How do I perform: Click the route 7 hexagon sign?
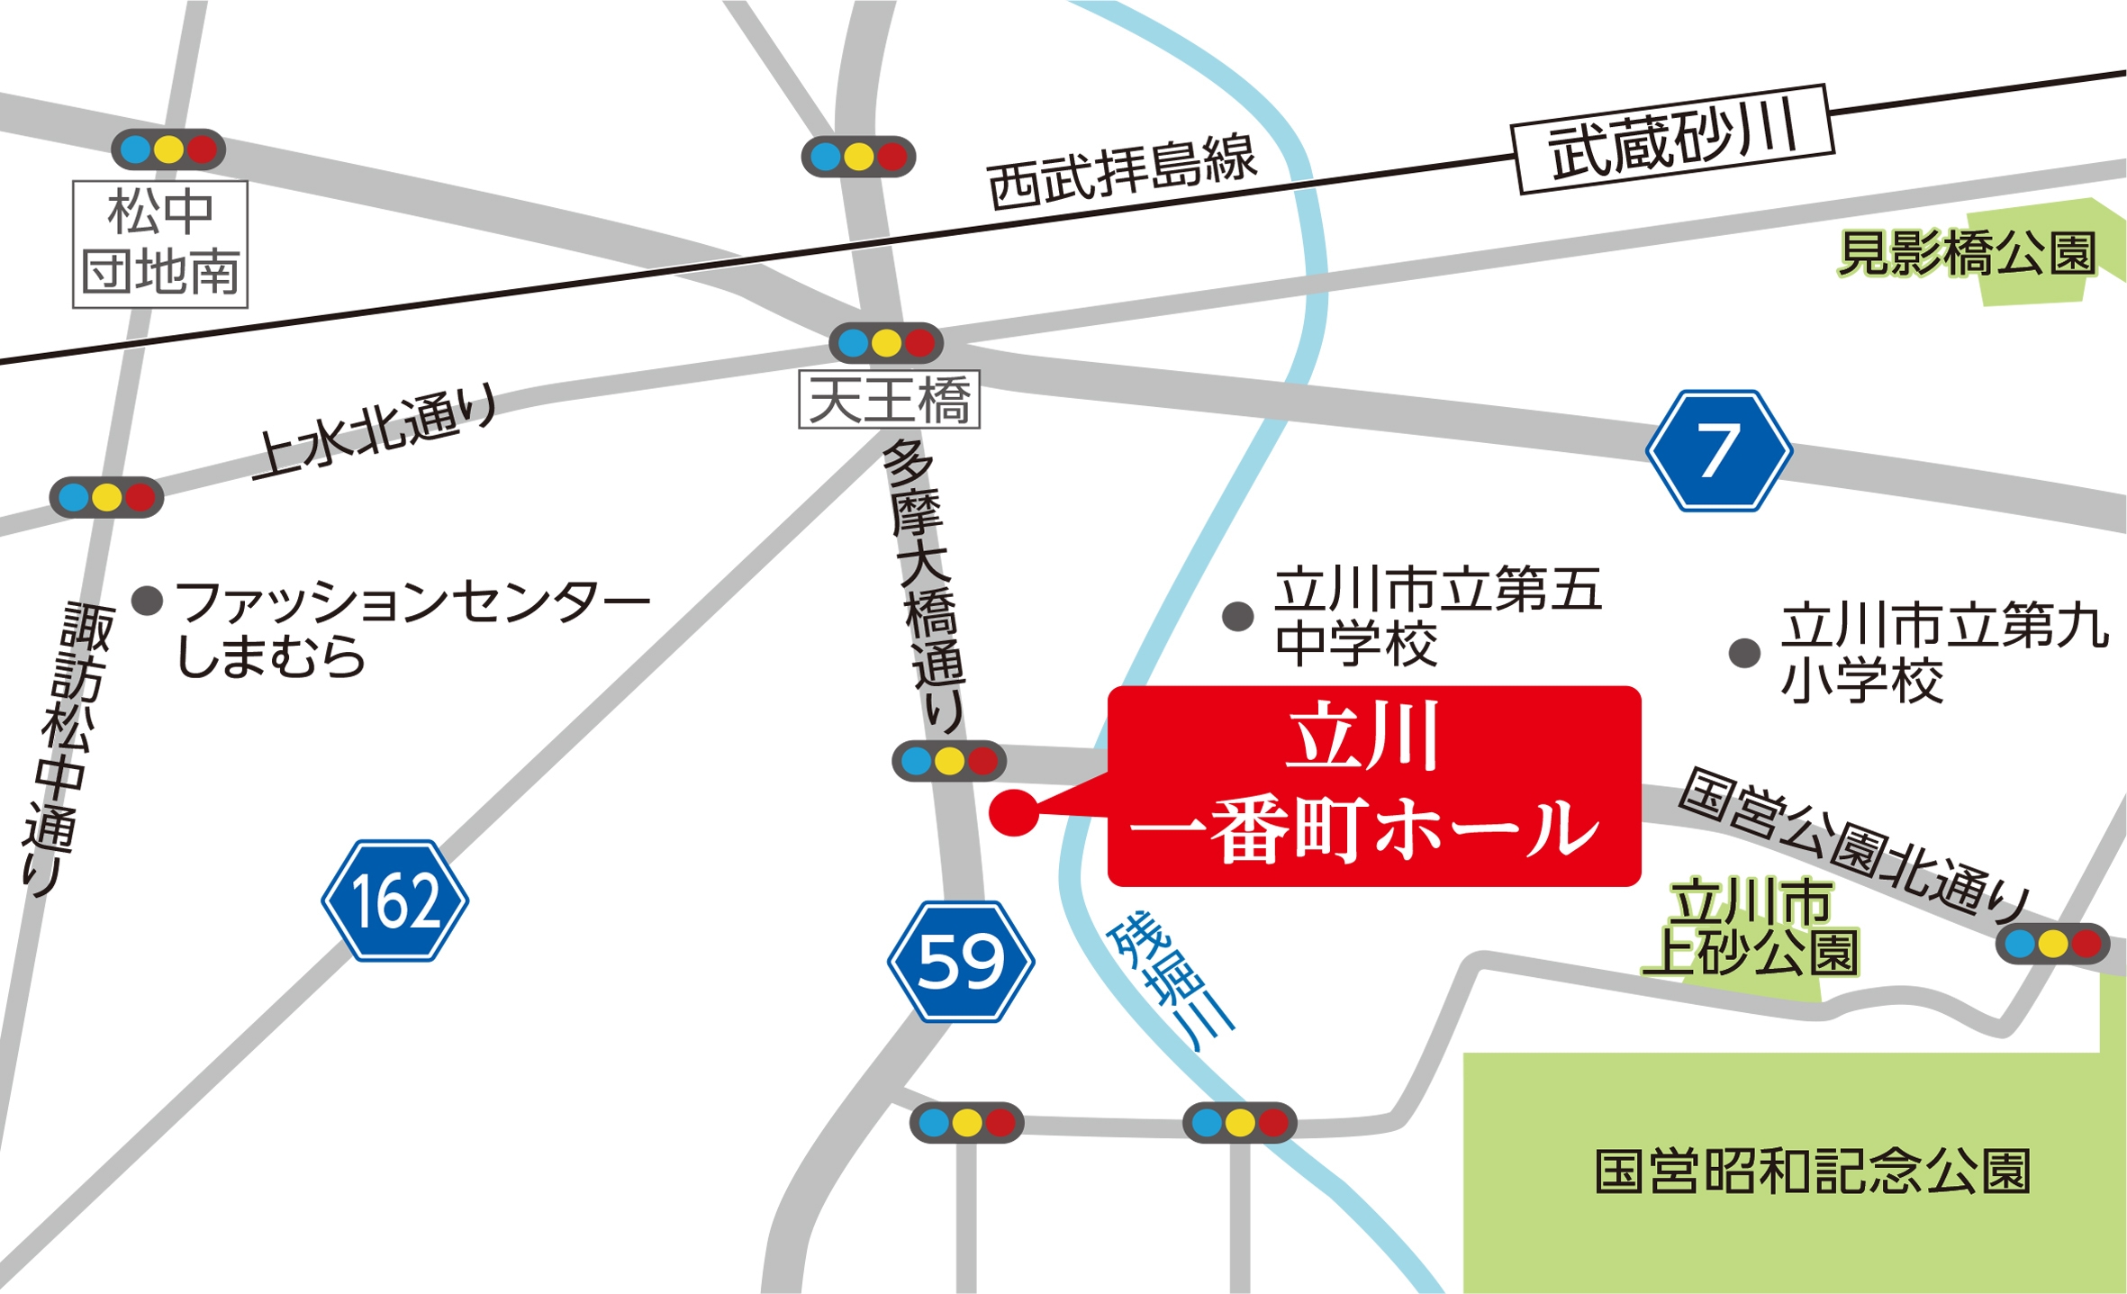coord(1718,450)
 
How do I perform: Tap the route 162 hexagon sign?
coord(394,900)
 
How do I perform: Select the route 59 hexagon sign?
coord(960,961)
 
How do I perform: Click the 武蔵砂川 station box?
coord(1673,140)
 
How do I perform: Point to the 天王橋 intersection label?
coord(889,400)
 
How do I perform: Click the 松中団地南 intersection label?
coord(160,244)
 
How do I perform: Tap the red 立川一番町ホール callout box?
coord(1373,785)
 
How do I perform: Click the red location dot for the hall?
coord(1013,812)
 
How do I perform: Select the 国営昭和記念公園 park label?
coord(1812,1172)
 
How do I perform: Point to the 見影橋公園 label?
coord(1968,253)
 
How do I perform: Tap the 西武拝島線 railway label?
coord(1121,173)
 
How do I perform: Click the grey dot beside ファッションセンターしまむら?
coord(147,600)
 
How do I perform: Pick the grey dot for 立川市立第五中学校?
coord(1237,617)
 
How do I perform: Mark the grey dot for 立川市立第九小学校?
coord(1744,653)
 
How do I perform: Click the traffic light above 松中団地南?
coord(168,149)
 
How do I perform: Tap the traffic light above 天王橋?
coord(886,343)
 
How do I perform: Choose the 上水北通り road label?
coord(376,431)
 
